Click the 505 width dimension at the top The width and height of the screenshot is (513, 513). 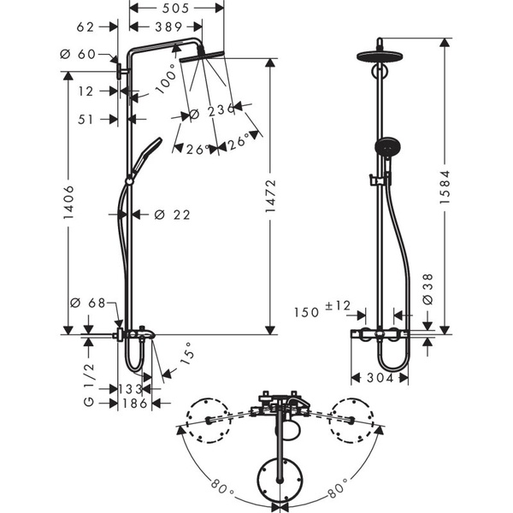coord(175,9)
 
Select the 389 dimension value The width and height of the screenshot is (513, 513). coord(168,27)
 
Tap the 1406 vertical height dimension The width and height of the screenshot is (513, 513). coord(68,202)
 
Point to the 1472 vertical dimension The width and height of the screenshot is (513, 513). coord(270,196)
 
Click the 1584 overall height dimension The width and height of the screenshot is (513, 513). coord(445,186)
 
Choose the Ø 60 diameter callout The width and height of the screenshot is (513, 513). coord(78,54)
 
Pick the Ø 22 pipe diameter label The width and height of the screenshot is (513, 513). coord(172,215)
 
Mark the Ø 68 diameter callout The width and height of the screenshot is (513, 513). coord(88,303)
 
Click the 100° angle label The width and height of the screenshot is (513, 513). coord(166,80)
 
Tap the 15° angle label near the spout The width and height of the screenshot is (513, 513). coord(187,354)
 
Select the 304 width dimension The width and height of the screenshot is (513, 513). coord(380,378)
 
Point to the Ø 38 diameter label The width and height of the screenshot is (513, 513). coord(427,289)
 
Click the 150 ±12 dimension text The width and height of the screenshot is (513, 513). coord(322,310)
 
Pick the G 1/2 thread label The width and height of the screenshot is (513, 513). coord(89,385)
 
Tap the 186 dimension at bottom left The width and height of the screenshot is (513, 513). coord(135,404)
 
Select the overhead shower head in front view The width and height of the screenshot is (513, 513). coord(380,56)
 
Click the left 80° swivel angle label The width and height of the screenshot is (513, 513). coord(222,488)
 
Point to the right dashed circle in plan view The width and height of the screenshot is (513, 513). coord(351,421)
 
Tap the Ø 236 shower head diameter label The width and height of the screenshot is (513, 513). coord(212,111)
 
